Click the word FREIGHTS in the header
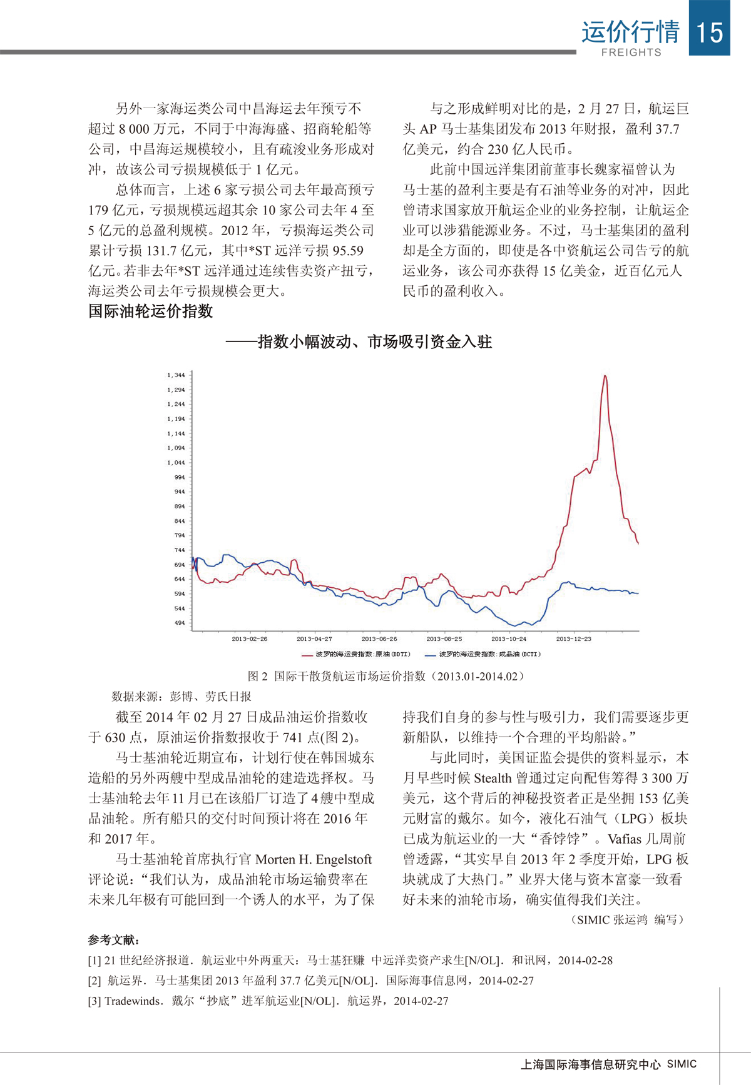631,53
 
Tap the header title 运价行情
630,31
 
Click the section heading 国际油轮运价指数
150,311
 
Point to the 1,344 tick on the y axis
176,375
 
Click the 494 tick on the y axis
179,623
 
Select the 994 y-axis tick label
179,477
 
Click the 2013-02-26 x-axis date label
249,639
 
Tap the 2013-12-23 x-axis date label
573,639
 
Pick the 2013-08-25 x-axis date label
444,639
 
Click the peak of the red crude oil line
605,376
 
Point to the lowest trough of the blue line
513,625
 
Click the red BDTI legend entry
356,654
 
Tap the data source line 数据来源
181,696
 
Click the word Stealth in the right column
493,778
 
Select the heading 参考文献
114,940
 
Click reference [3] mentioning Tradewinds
268,1001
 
